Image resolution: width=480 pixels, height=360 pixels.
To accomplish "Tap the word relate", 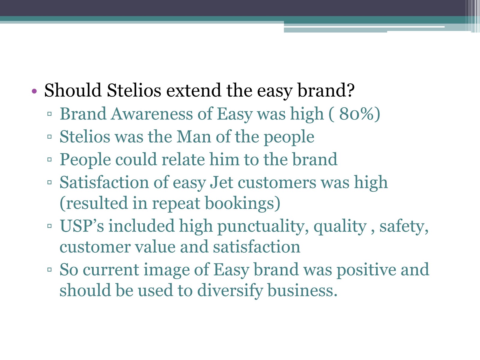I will [183, 159].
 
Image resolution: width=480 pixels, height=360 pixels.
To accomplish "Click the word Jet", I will [221, 182].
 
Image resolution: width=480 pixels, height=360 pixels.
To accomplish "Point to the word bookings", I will [242, 203].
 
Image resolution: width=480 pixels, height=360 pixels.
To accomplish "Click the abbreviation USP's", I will [82, 226].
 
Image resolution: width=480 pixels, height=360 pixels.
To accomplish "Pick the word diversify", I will [230, 291].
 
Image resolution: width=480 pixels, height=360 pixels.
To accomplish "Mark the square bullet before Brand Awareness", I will [49, 114].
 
